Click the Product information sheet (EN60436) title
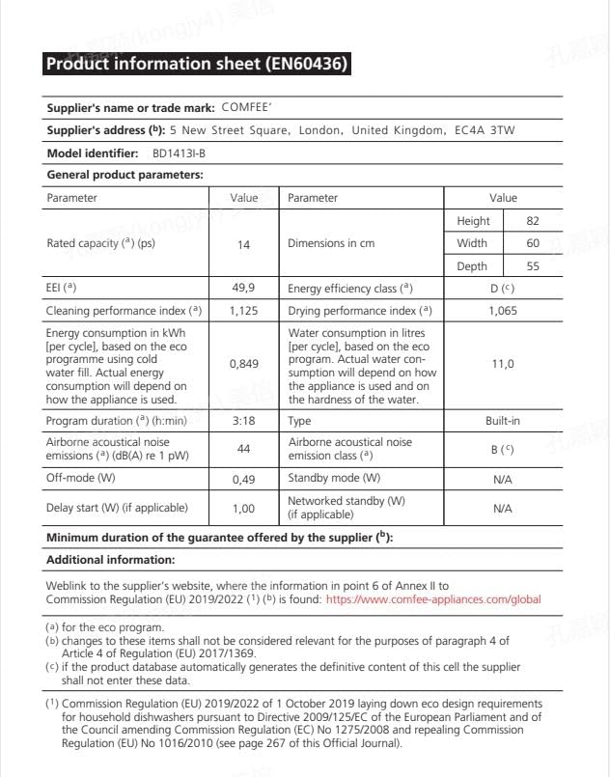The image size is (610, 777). pyautogui.click(x=197, y=65)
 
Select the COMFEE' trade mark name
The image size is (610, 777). pyautogui.click(x=253, y=108)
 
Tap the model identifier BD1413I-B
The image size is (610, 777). pyautogui.click(x=179, y=153)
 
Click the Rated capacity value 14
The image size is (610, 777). pyautogui.click(x=243, y=245)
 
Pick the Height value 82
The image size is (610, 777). pyautogui.click(x=532, y=221)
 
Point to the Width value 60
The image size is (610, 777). pyautogui.click(x=532, y=243)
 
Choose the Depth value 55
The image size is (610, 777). pyautogui.click(x=532, y=266)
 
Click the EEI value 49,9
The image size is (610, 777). pyautogui.click(x=243, y=289)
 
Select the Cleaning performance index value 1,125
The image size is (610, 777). pyautogui.click(x=243, y=311)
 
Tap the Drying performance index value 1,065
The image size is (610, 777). pyautogui.click(x=503, y=311)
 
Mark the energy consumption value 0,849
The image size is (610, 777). pyautogui.click(x=243, y=365)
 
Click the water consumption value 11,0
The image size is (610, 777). pyautogui.click(x=503, y=365)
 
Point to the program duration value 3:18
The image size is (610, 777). pyautogui.click(x=243, y=421)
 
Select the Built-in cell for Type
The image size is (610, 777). pyautogui.click(x=503, y=421)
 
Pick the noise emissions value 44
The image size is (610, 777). pyautogui.click(x=243, y=449)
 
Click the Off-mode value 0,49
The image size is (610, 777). pyautogui.click(x=243, y=478)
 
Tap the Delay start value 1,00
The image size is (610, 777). pyautogui.click(x=243, y=507)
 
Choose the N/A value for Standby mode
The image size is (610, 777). pyautogui.click(x=503, y=478)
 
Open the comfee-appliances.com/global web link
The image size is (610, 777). pyautogui.click(x=433, y=599)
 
